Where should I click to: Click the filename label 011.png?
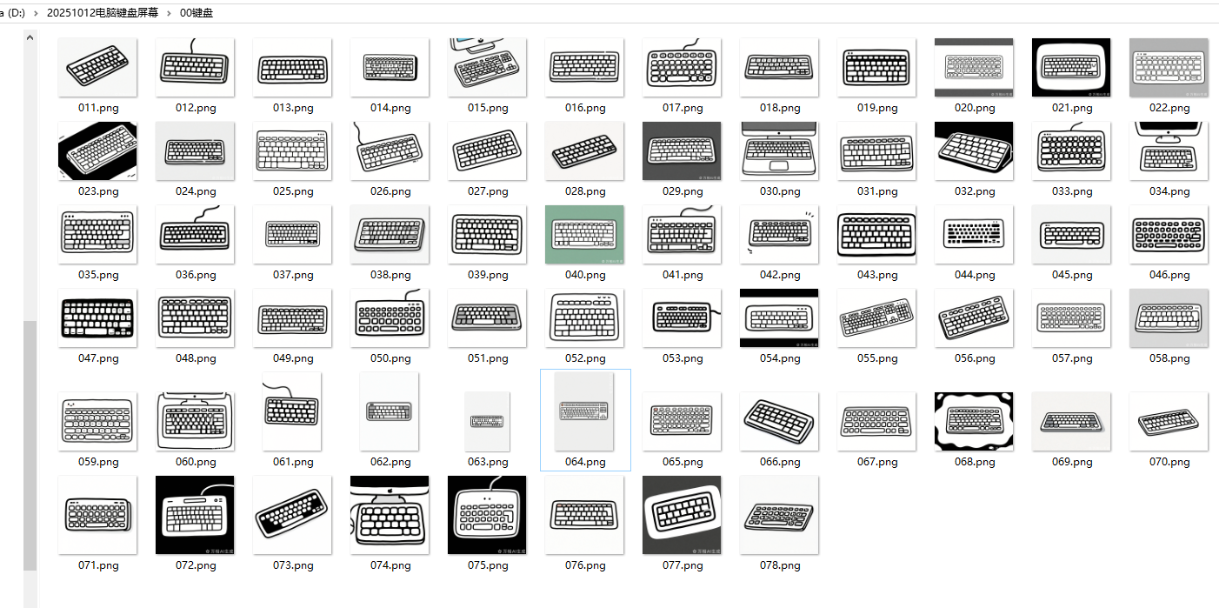(98, 108)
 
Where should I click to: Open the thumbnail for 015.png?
(488, 67)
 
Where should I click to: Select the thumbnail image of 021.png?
(1072, 67)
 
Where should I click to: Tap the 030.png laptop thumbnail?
(780, 150)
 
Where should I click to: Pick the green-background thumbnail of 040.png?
(585, 234)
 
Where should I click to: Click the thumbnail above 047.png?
(98, 317)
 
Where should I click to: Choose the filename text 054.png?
(780, 358)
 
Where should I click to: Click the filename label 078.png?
(780, 565)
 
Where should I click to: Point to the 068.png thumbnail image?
(975, 421)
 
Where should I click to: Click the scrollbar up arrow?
(30, 38)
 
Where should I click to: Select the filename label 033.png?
(1072, 191)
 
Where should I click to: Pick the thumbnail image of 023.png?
(98, 150)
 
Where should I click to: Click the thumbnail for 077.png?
(683, 515)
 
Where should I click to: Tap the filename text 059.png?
(98, 462)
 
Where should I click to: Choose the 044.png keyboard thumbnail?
(975, 234)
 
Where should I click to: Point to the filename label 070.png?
(1169, 462)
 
